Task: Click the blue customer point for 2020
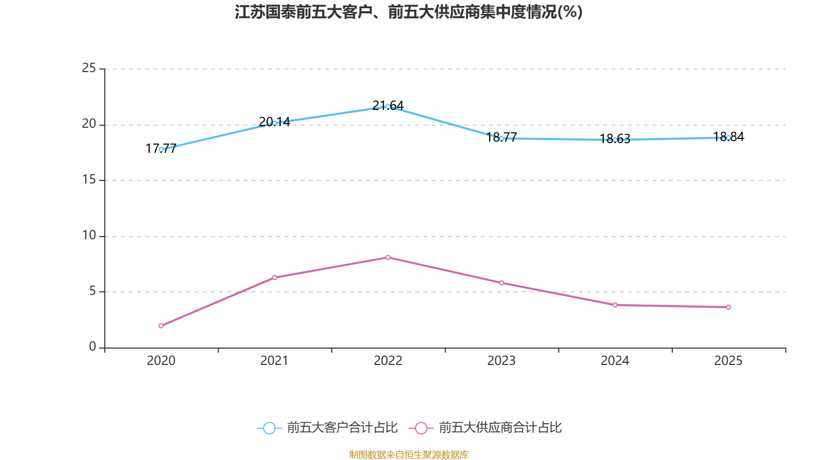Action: pos(161,149)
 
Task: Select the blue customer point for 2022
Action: pos(388,106)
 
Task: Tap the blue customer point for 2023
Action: pos(502,138)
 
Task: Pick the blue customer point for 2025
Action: pos(729,137)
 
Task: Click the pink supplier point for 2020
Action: pos(161,326)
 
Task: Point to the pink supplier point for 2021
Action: pos(275,278)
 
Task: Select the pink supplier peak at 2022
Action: pos(388,257)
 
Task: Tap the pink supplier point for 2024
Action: pos(615,305)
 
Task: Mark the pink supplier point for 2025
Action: pos(729,307)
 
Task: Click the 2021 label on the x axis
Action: pos(275,361)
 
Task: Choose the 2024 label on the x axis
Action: pos(615,361)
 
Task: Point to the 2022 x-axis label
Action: pos(388,361)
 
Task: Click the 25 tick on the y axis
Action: pos(89,68)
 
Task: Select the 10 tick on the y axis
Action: pos(89,235)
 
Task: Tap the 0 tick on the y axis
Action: pos(93,347)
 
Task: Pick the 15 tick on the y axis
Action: pos(89,179)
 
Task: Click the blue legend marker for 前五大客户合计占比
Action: pos(269,428)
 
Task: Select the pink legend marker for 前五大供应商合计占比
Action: pos(421,428)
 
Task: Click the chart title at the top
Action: pos(408,12)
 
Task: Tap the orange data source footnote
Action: pos(408,454)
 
